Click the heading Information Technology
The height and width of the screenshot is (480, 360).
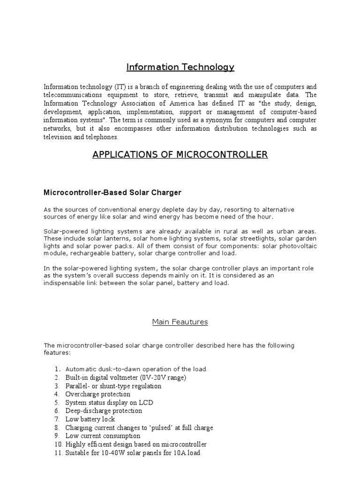coord(180,67)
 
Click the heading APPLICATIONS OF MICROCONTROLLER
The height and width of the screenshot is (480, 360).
coord(180,155)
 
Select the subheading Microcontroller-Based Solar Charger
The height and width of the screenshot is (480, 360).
coord(112,192)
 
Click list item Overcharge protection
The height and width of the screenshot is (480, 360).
coord(97,394)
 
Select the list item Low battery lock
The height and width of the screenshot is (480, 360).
coord(90,419)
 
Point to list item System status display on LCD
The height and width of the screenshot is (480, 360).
coord(109,403)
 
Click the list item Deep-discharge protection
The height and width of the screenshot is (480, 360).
coord(103,411)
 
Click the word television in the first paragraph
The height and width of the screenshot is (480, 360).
coord(59,137)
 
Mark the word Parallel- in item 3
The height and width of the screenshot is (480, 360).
coord(79,386)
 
